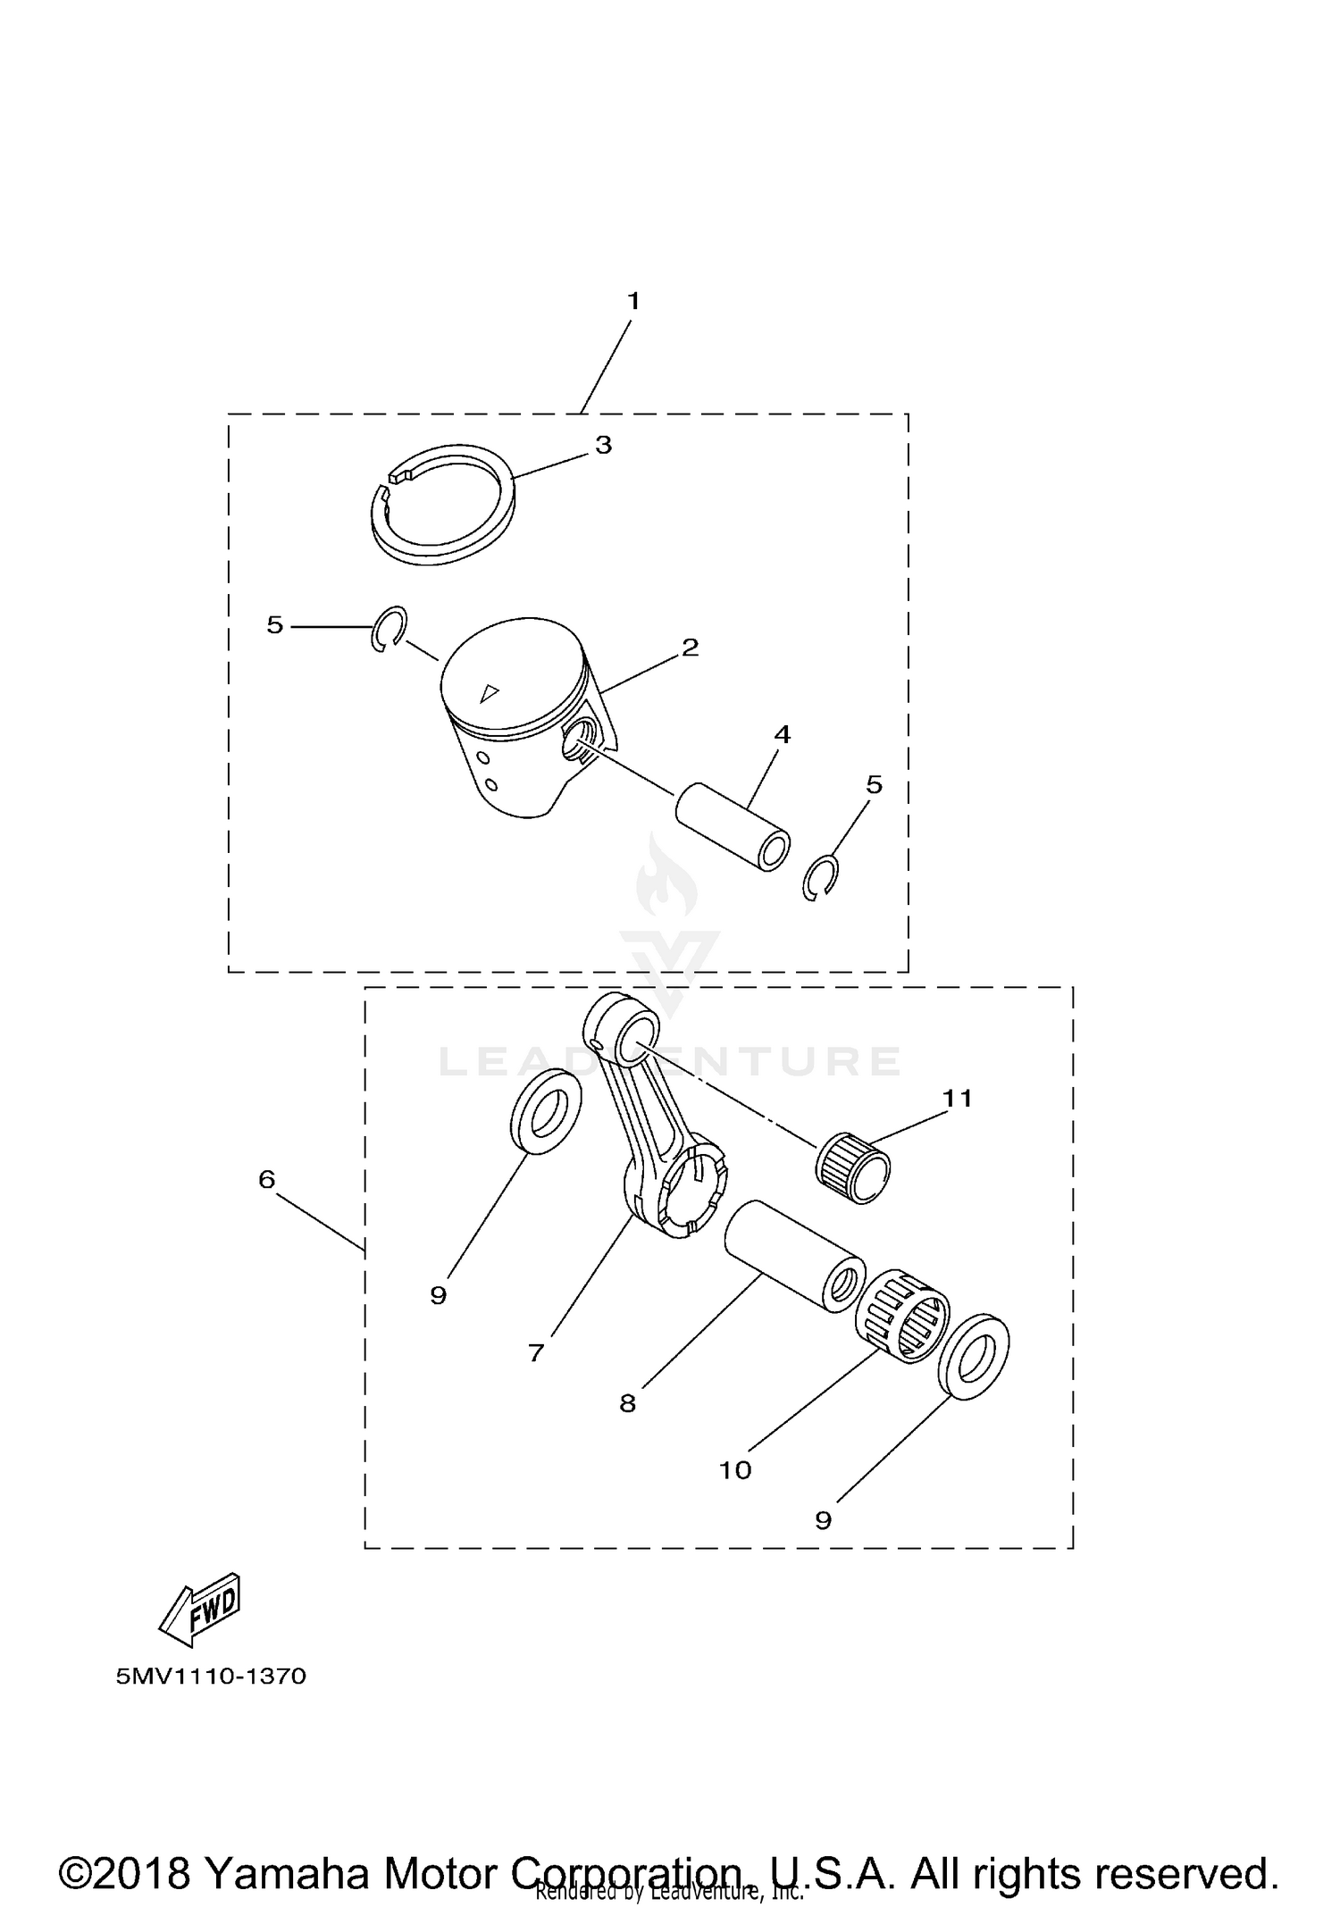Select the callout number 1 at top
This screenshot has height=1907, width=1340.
(633, 302)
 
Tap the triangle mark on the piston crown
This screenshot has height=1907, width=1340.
(488, 692)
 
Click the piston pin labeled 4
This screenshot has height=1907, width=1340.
(733, 825)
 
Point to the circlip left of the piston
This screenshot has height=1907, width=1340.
(389, 629)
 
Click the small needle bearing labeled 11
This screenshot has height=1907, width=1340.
(854, 1167)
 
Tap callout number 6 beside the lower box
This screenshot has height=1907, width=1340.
(266, 1180)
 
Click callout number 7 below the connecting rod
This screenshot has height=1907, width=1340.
(536, 1353)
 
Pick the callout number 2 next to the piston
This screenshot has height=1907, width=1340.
(690, 648)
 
